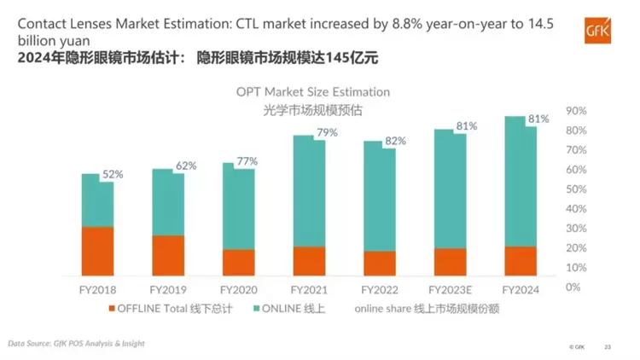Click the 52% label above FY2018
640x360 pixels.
pos(113,174)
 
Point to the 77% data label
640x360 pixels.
pos(246,161)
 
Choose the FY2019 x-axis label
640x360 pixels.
pos(167,290)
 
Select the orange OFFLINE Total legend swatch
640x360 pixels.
pos(111,308)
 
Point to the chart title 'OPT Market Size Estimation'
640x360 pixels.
pos(313,91)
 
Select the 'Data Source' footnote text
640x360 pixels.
pos(76,343)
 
